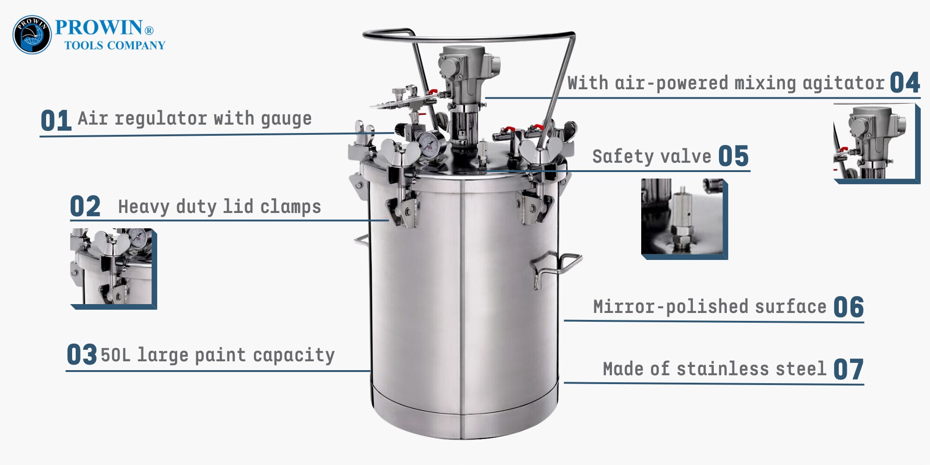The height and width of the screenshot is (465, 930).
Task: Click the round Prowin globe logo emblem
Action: point(32,35)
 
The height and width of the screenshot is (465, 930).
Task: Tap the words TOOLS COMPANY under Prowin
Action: point(115,46)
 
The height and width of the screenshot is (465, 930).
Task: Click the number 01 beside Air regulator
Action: point(56,121)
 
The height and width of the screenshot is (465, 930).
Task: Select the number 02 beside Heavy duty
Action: point(85,206)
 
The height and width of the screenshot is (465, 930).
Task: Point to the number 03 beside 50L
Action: point(82,355)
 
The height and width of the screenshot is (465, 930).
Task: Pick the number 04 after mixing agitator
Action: point(905,83)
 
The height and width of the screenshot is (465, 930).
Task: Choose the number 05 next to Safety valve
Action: point(734,156)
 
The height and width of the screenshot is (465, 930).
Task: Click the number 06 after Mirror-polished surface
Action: point(849,307)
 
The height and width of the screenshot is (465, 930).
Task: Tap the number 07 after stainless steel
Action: point(849,370)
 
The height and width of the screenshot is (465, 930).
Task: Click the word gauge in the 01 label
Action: point(286,120)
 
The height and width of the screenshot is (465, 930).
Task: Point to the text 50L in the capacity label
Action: point(116,355)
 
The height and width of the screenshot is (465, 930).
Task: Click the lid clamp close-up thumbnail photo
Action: point(113,269)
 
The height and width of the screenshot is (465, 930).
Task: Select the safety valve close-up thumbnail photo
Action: point(684,219)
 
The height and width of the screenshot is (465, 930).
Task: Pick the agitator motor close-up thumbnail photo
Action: point(877,144)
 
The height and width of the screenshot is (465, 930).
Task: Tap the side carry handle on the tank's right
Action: point(556,266)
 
